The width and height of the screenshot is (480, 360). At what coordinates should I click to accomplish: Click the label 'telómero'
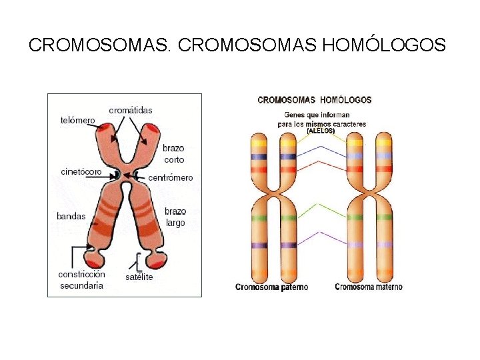pos(77,121)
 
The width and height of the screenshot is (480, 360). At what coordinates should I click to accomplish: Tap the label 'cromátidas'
pos(131,110)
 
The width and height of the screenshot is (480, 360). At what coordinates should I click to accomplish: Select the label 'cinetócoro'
pos(81,172)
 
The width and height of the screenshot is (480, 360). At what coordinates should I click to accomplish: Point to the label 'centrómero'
pos(170,178)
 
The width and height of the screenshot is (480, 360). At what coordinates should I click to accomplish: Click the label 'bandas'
pos(71,216)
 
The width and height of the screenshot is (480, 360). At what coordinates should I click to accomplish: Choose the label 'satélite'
pos(139,277)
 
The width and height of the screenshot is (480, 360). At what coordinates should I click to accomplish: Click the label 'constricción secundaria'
pos(81,280)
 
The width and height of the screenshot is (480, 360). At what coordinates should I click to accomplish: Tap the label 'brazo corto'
pos(173,154)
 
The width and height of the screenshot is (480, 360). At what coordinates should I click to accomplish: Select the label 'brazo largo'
pos(175,217)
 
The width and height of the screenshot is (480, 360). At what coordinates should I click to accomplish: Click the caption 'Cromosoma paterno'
pos(271,287)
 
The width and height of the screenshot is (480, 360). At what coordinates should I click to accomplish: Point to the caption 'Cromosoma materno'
pos(368,287)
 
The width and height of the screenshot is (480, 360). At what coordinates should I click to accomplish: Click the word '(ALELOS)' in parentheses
pos(321,131)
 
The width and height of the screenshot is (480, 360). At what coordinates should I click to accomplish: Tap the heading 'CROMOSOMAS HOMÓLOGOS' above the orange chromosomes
pos(315,100)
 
